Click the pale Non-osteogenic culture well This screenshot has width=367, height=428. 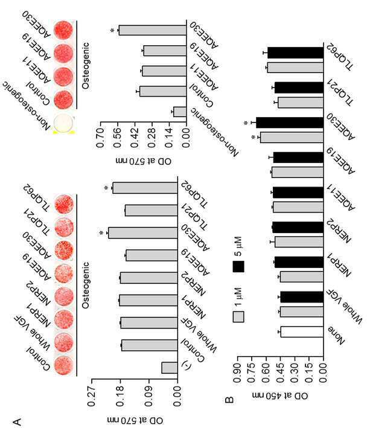coord(63,123)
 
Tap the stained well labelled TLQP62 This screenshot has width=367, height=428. coord(64,205)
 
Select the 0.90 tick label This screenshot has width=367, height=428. coord(237,372)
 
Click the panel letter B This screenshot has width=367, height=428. coord(229,400)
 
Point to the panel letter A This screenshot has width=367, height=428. coord(17,421)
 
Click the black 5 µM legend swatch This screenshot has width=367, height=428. coord(238,266)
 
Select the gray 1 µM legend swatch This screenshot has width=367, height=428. coord(238,317)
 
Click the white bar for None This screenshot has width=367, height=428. coord(302,332)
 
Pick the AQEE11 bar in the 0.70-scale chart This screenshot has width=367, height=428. coord(164,71)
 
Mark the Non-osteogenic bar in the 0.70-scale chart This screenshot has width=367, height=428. coord(180,112)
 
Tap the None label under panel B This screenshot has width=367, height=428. coord(336,336)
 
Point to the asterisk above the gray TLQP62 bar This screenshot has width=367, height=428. coord(106,188)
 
